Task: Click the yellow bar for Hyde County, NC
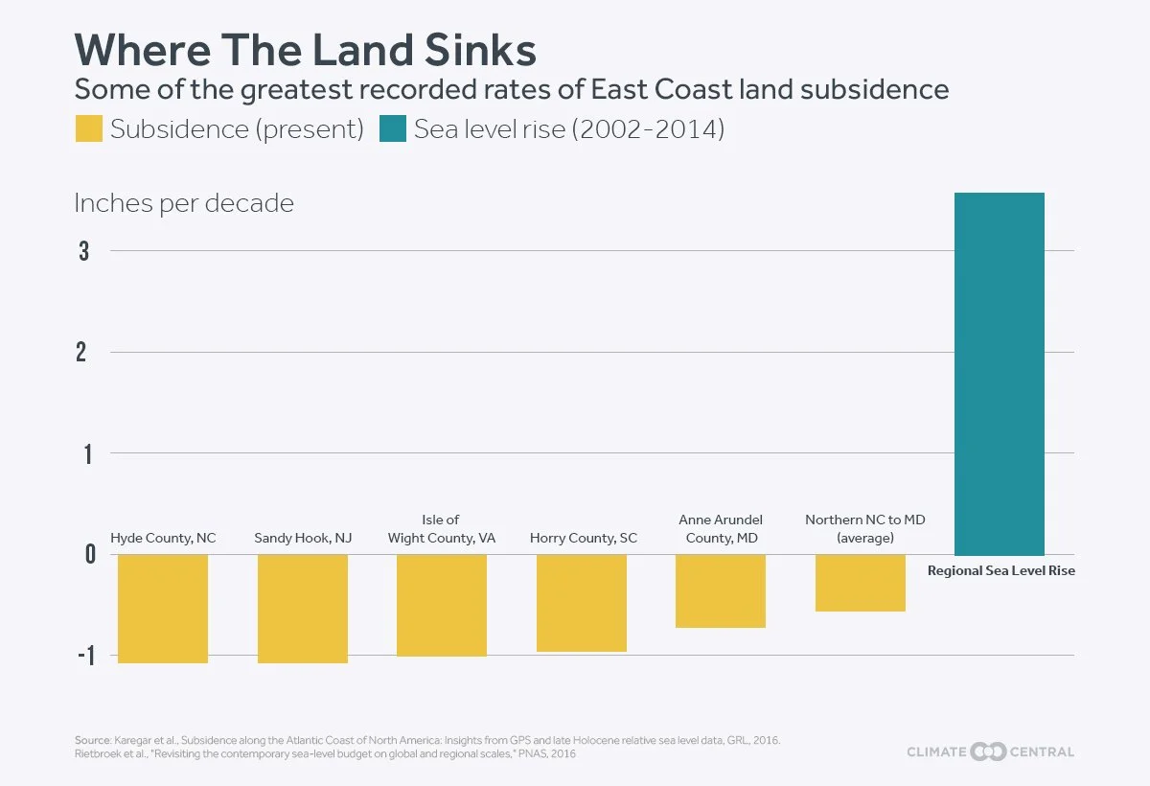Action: coord(163,609)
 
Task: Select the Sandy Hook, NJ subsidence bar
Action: coord(303,609)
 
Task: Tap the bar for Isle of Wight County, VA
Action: coord(442,605)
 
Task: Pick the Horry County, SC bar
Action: coord(582,603)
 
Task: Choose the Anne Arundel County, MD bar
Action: coord(721,590)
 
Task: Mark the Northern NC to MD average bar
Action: coord(861,583)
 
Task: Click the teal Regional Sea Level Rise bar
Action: coord(1000,374)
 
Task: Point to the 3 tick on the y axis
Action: coord(83,251)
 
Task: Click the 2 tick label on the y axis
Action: coord(81,353)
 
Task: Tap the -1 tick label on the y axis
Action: coord(87,656)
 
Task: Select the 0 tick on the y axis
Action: coord(90,554)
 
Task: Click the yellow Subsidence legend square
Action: coord(89,128)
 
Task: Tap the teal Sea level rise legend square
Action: coord(393,128)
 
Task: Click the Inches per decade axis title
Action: coord(184,204)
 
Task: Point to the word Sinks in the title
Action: coord(480,50)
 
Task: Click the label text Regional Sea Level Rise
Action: coord(1001,571)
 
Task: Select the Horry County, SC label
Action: coord(584,538)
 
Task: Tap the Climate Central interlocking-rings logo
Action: coord(988,752)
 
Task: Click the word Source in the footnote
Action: coord(92,740)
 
